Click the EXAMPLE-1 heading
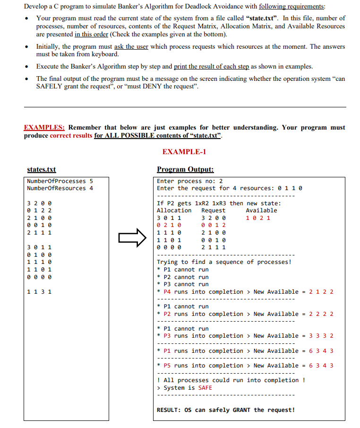tap(184, 152)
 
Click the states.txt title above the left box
tap(41, 170)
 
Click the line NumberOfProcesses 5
tap(60, 181)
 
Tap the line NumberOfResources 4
tap(60, 188)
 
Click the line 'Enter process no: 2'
tap(189, 181)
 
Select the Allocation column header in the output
tap(174, 210)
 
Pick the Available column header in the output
tap(261, 210)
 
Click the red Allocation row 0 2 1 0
tap(169, 225)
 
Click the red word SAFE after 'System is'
tap(205, 388)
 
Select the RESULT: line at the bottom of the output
tap(225, 410)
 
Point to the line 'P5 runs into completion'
tap(204, 366)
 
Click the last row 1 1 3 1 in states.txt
tap(40, 292)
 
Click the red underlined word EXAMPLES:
tap(44, 128)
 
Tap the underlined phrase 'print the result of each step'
tap(212, 67)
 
